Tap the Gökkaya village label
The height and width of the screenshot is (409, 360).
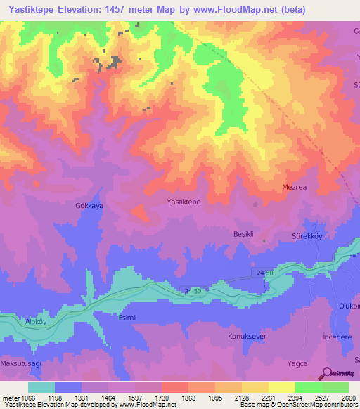tap(89, 206)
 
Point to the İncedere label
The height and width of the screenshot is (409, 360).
tap(336, 337)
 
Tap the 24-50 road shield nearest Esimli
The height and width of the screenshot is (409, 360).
tap(194, 290)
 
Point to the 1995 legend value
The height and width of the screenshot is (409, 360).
tap(215, 398)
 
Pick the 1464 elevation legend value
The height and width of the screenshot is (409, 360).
tap(108, 398)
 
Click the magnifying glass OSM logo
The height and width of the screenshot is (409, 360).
tap(328, 375)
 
